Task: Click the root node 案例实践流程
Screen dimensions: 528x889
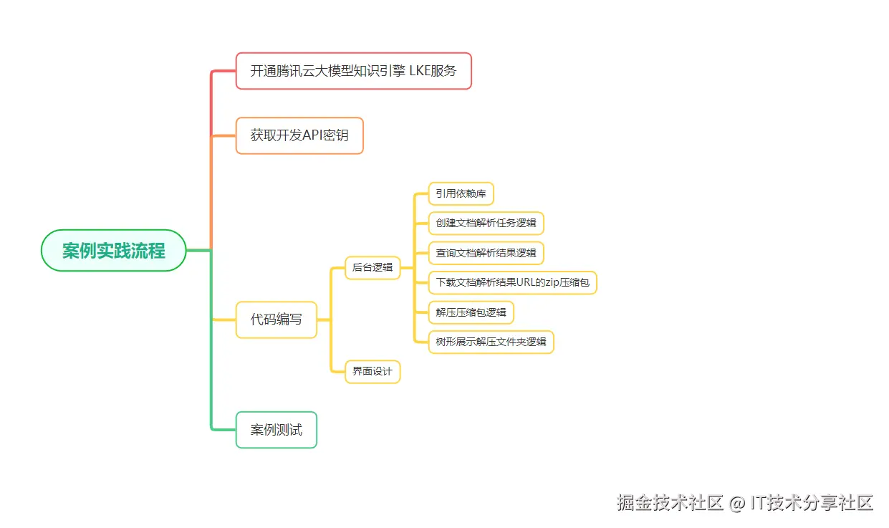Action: [x=114, y=251]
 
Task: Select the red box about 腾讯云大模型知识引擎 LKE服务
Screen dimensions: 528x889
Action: [x=353, y=71]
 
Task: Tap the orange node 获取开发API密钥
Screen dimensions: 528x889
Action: [x=299, y=135]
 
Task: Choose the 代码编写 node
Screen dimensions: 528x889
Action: [x=276, y=320]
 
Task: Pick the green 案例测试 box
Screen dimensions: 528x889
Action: [x=276, y=430]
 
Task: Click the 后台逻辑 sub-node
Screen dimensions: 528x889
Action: [x=373, y=267]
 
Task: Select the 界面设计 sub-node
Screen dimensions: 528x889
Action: [x=373, y=371]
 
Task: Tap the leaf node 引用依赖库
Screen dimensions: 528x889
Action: [x=461, y=193]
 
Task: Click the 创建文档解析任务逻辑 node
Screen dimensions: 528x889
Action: [x=486, y=223]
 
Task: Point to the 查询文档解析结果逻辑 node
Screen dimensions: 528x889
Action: [x=486, y=253]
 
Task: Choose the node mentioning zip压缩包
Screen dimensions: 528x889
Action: [x=512, y=282]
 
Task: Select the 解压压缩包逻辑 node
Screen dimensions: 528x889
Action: [x=471, y=312]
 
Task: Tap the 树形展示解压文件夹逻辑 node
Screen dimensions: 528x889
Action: [x=491, y=342]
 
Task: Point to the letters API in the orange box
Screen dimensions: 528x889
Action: [x=314, y=135]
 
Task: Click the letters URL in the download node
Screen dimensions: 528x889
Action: [x=529, y=282]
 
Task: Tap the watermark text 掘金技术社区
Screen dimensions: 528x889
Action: [x=670, y=502]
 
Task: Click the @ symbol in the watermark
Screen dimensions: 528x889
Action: [x=737, y=503]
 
